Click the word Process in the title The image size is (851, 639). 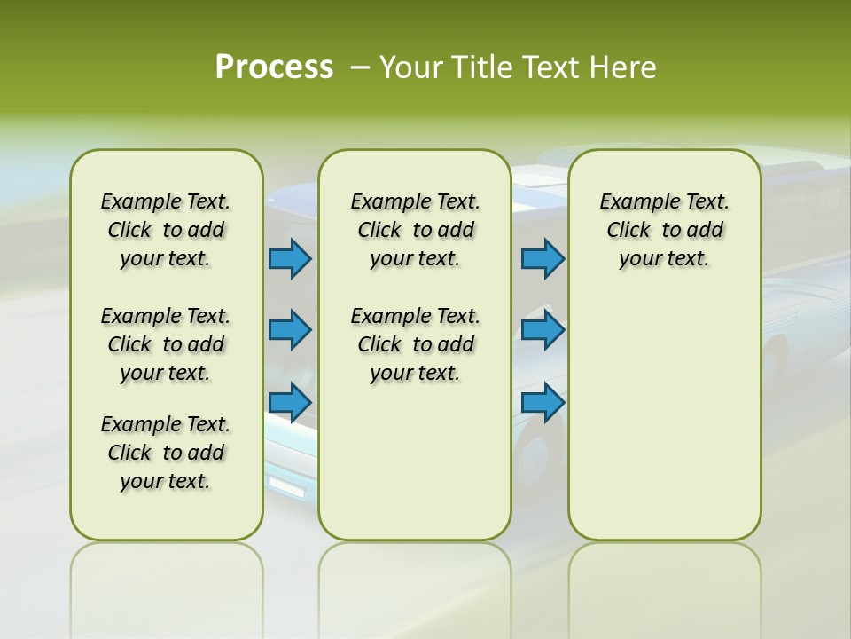click(274, 67)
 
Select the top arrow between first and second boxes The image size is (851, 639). click(290, 258)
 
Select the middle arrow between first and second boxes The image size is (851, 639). click(290, 330)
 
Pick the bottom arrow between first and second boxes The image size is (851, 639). click(290, 403)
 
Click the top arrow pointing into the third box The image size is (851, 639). click(543, 258)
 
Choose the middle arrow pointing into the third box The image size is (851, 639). click(543, 330)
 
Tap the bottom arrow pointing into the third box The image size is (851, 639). click(543, 403)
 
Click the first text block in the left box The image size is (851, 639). click(166, 230)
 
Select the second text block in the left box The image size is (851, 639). click(166, 344)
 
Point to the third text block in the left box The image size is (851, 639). click(166, 453)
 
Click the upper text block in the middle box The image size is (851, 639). click(415, 230)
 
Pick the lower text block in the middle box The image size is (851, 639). click(415, 344)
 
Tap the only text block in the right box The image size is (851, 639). click(664, 230)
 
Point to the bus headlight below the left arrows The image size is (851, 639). click(285, 485)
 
